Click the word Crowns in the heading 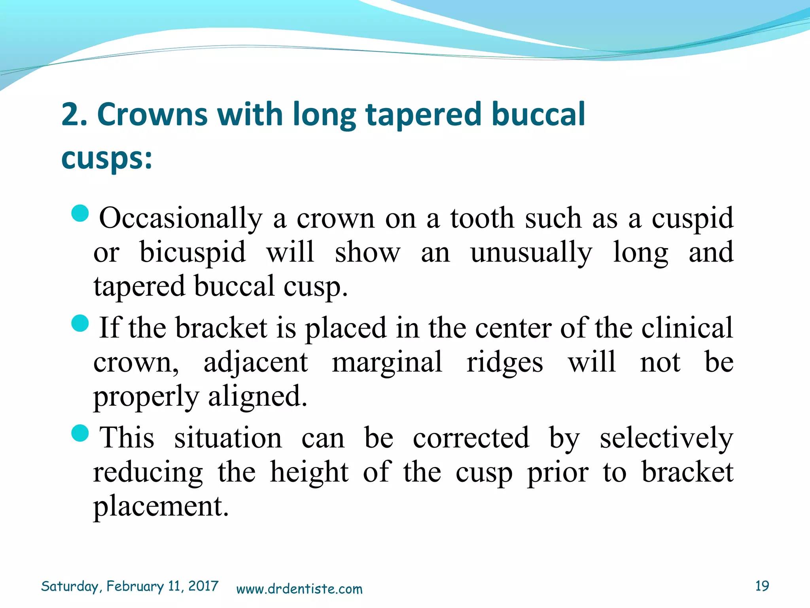click(152, 114)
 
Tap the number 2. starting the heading click(74, 114)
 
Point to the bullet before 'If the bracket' click(80, 323)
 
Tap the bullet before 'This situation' click(80, 433)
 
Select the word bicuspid click(193, 253)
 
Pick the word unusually click(531, 253)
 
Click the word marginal click(387, 362)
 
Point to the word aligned click(257, 397)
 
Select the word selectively click(666, 439)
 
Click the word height click(309, 473)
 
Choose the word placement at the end click(161, 506)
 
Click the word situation click(228, 438)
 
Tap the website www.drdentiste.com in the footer click(299, 589)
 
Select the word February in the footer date click(135, 586)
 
